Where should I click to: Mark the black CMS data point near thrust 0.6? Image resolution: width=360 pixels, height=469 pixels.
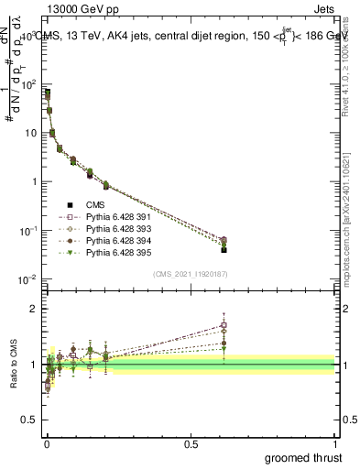pyautogui.click(x=224, y=249)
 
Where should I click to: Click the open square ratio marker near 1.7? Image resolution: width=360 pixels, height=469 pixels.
pyautogui.click(x=224, y=324)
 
